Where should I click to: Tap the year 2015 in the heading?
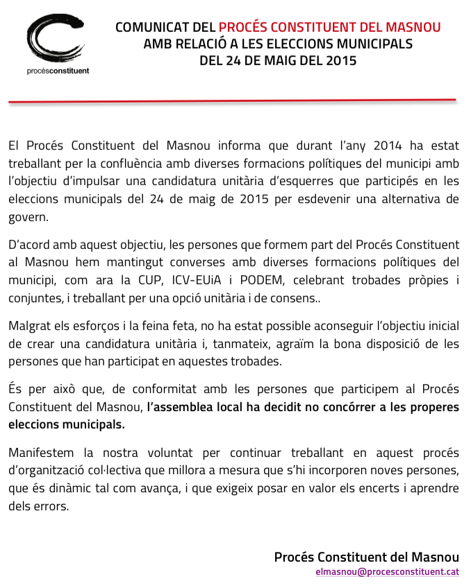click(340, 60)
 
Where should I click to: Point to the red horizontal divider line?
click(232, 101)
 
